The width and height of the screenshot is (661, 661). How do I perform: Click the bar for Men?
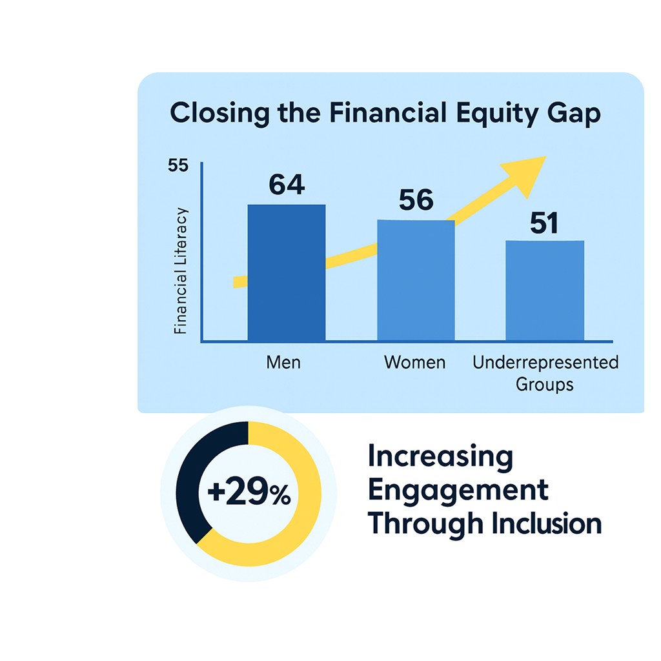tap(286, 272)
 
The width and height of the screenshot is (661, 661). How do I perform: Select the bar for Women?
tap(416, 280)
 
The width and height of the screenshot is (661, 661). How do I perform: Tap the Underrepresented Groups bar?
tap(545, 290)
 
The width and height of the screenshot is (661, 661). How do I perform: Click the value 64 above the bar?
tap(287, 185)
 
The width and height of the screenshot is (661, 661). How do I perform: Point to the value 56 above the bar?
tap(416, 200)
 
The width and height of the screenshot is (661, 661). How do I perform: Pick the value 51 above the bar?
tap(544, 223)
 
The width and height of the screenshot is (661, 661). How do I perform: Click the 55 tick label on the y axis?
tap(178, 165)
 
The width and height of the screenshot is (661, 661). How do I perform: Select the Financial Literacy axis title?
tap(180, 271)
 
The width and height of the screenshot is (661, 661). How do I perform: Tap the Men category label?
tap(283, 363)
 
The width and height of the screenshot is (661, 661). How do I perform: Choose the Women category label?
tap(415, 363)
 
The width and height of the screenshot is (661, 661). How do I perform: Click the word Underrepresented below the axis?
tap(545, 363)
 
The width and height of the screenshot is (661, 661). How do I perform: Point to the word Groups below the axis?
tap(544, 385)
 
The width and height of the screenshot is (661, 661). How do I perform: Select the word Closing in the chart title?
tap(219, 114)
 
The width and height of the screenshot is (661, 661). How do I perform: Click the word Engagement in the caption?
tap(458, 491)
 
